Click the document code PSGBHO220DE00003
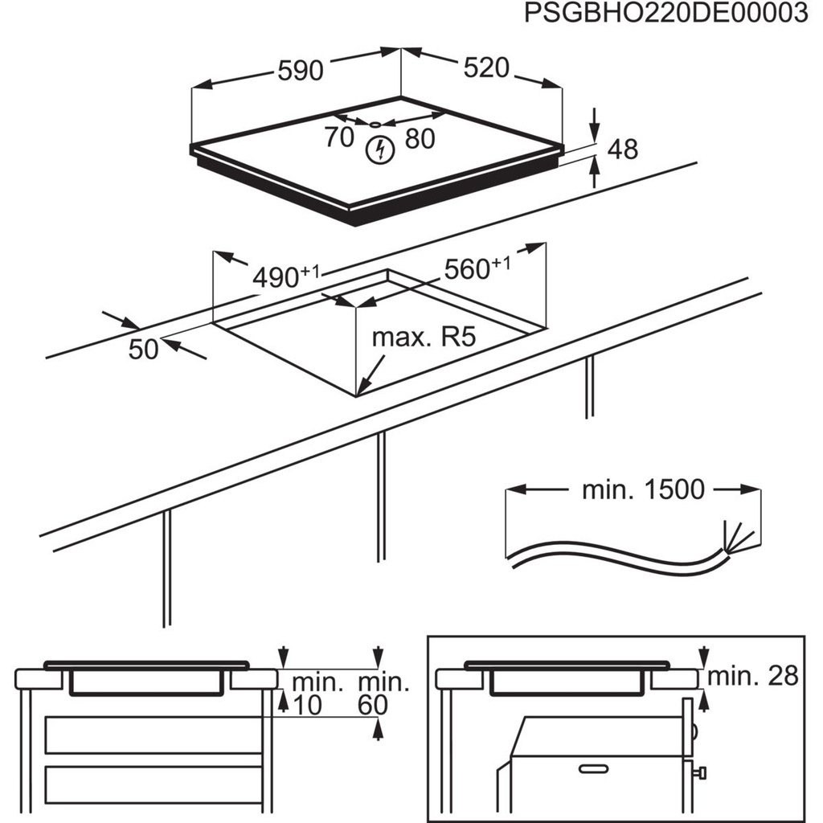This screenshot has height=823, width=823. click(x=665, y=15)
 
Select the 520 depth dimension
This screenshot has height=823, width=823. click(x=486, y=68)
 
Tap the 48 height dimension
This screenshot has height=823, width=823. click(x=623, y=149)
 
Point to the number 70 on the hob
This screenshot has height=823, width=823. click(x=339, y=137)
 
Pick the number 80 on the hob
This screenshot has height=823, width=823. click(x=419, y=139)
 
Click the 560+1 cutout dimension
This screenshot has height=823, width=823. click(x=477, y=268)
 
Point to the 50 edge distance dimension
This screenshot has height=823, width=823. click(x=145, y=350)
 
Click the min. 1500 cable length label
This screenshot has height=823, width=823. click(x=642, y=489)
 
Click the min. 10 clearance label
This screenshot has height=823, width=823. click(x=317, y=694)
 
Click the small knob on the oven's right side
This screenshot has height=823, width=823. click(x=702, y=772)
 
